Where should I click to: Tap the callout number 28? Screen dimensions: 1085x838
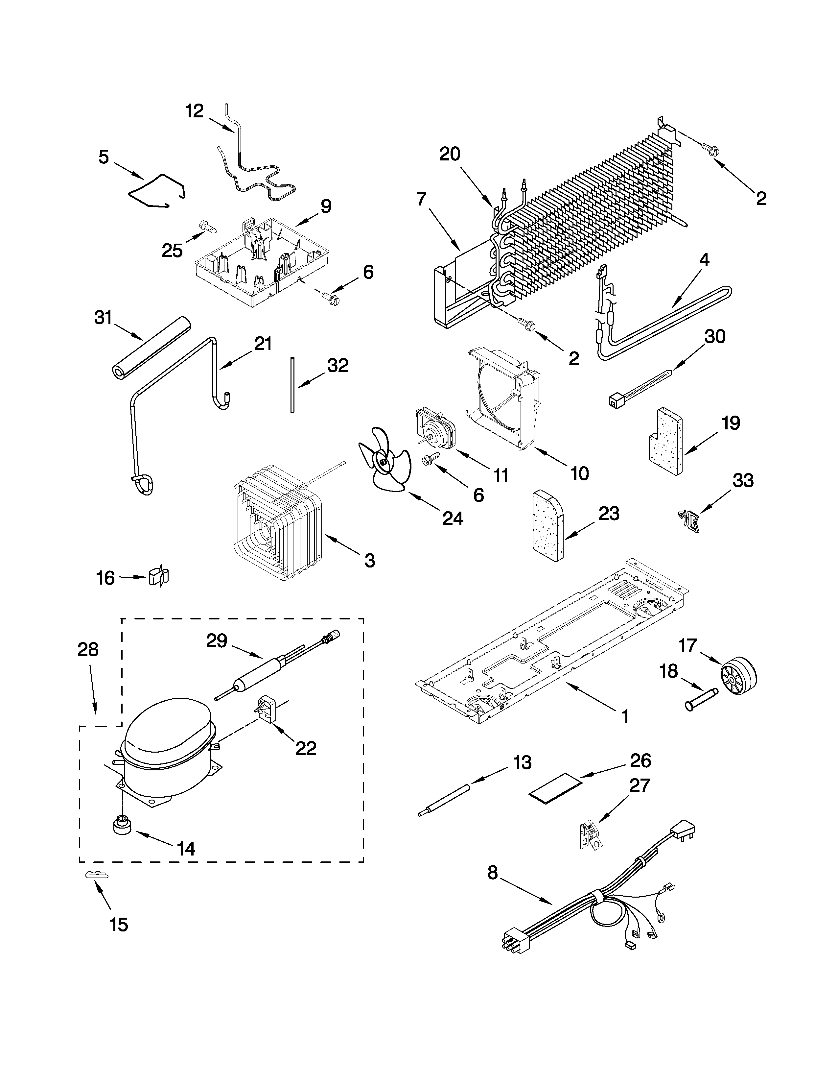pos(88,649)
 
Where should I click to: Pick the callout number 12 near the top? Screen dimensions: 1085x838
pos(195,111)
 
